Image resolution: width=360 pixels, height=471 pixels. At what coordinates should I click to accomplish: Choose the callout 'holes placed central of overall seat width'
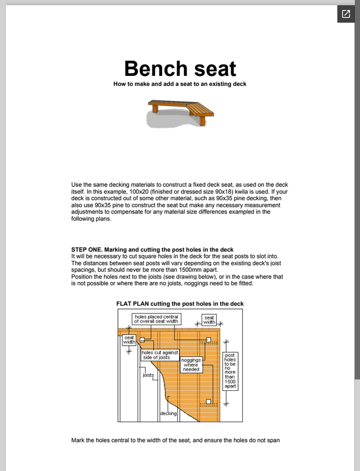(x=157, y=319)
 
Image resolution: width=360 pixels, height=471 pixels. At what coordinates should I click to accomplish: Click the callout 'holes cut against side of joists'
(x=156, y=354)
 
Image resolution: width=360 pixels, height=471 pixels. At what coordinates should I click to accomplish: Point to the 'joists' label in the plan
(x=148, y=374)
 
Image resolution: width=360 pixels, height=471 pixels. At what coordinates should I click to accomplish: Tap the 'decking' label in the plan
(x=169, y=413)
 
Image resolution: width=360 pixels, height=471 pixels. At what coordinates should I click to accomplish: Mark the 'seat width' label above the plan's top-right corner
(x=209, y=320)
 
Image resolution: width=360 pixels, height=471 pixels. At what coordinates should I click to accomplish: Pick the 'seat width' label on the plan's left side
(x=130, y=340)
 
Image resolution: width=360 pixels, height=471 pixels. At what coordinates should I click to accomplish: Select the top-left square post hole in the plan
(x=142, y=340)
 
